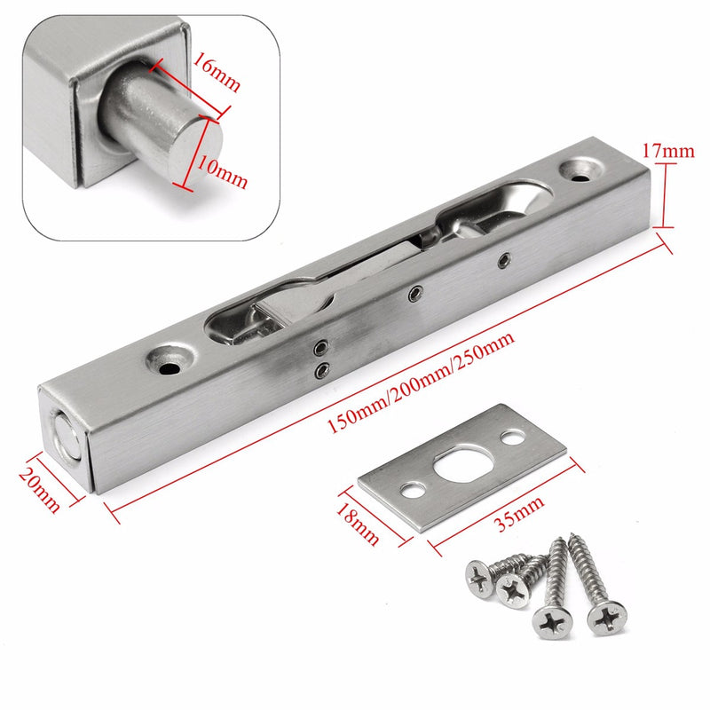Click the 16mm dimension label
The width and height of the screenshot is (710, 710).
pyautogui.click(x=215, y=71)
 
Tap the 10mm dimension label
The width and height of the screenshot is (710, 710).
pyautogui.click(x=223, y=172)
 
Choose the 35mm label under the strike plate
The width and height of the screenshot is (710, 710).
pyautogui.click(x=507, y=520)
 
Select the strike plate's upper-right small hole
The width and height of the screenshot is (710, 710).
pyautogui.click(x=513, y=437)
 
